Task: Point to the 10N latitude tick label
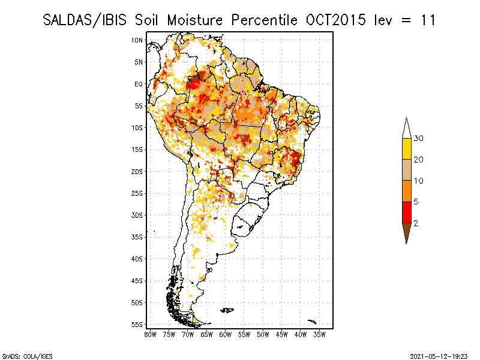pyautogui.click(x=137, y=40)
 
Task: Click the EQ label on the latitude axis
pyautogui.click(x=139, y=84)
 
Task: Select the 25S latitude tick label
pyautogui.click(x=137, y=193)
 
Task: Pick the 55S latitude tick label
pyautogui.click(x=137, y=325)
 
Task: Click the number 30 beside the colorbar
pyautogui.click(x=419, y=139)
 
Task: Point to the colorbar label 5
pyautogui.click(x=416, y=202)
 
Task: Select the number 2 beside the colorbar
pyautogui.click(x=416, y=223)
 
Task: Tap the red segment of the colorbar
pyautogui.click(x=406, y=212)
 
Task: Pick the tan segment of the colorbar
pyautogui.click(x=406, y=170)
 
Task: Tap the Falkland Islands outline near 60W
pyautogui.click(x=227, y=310)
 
